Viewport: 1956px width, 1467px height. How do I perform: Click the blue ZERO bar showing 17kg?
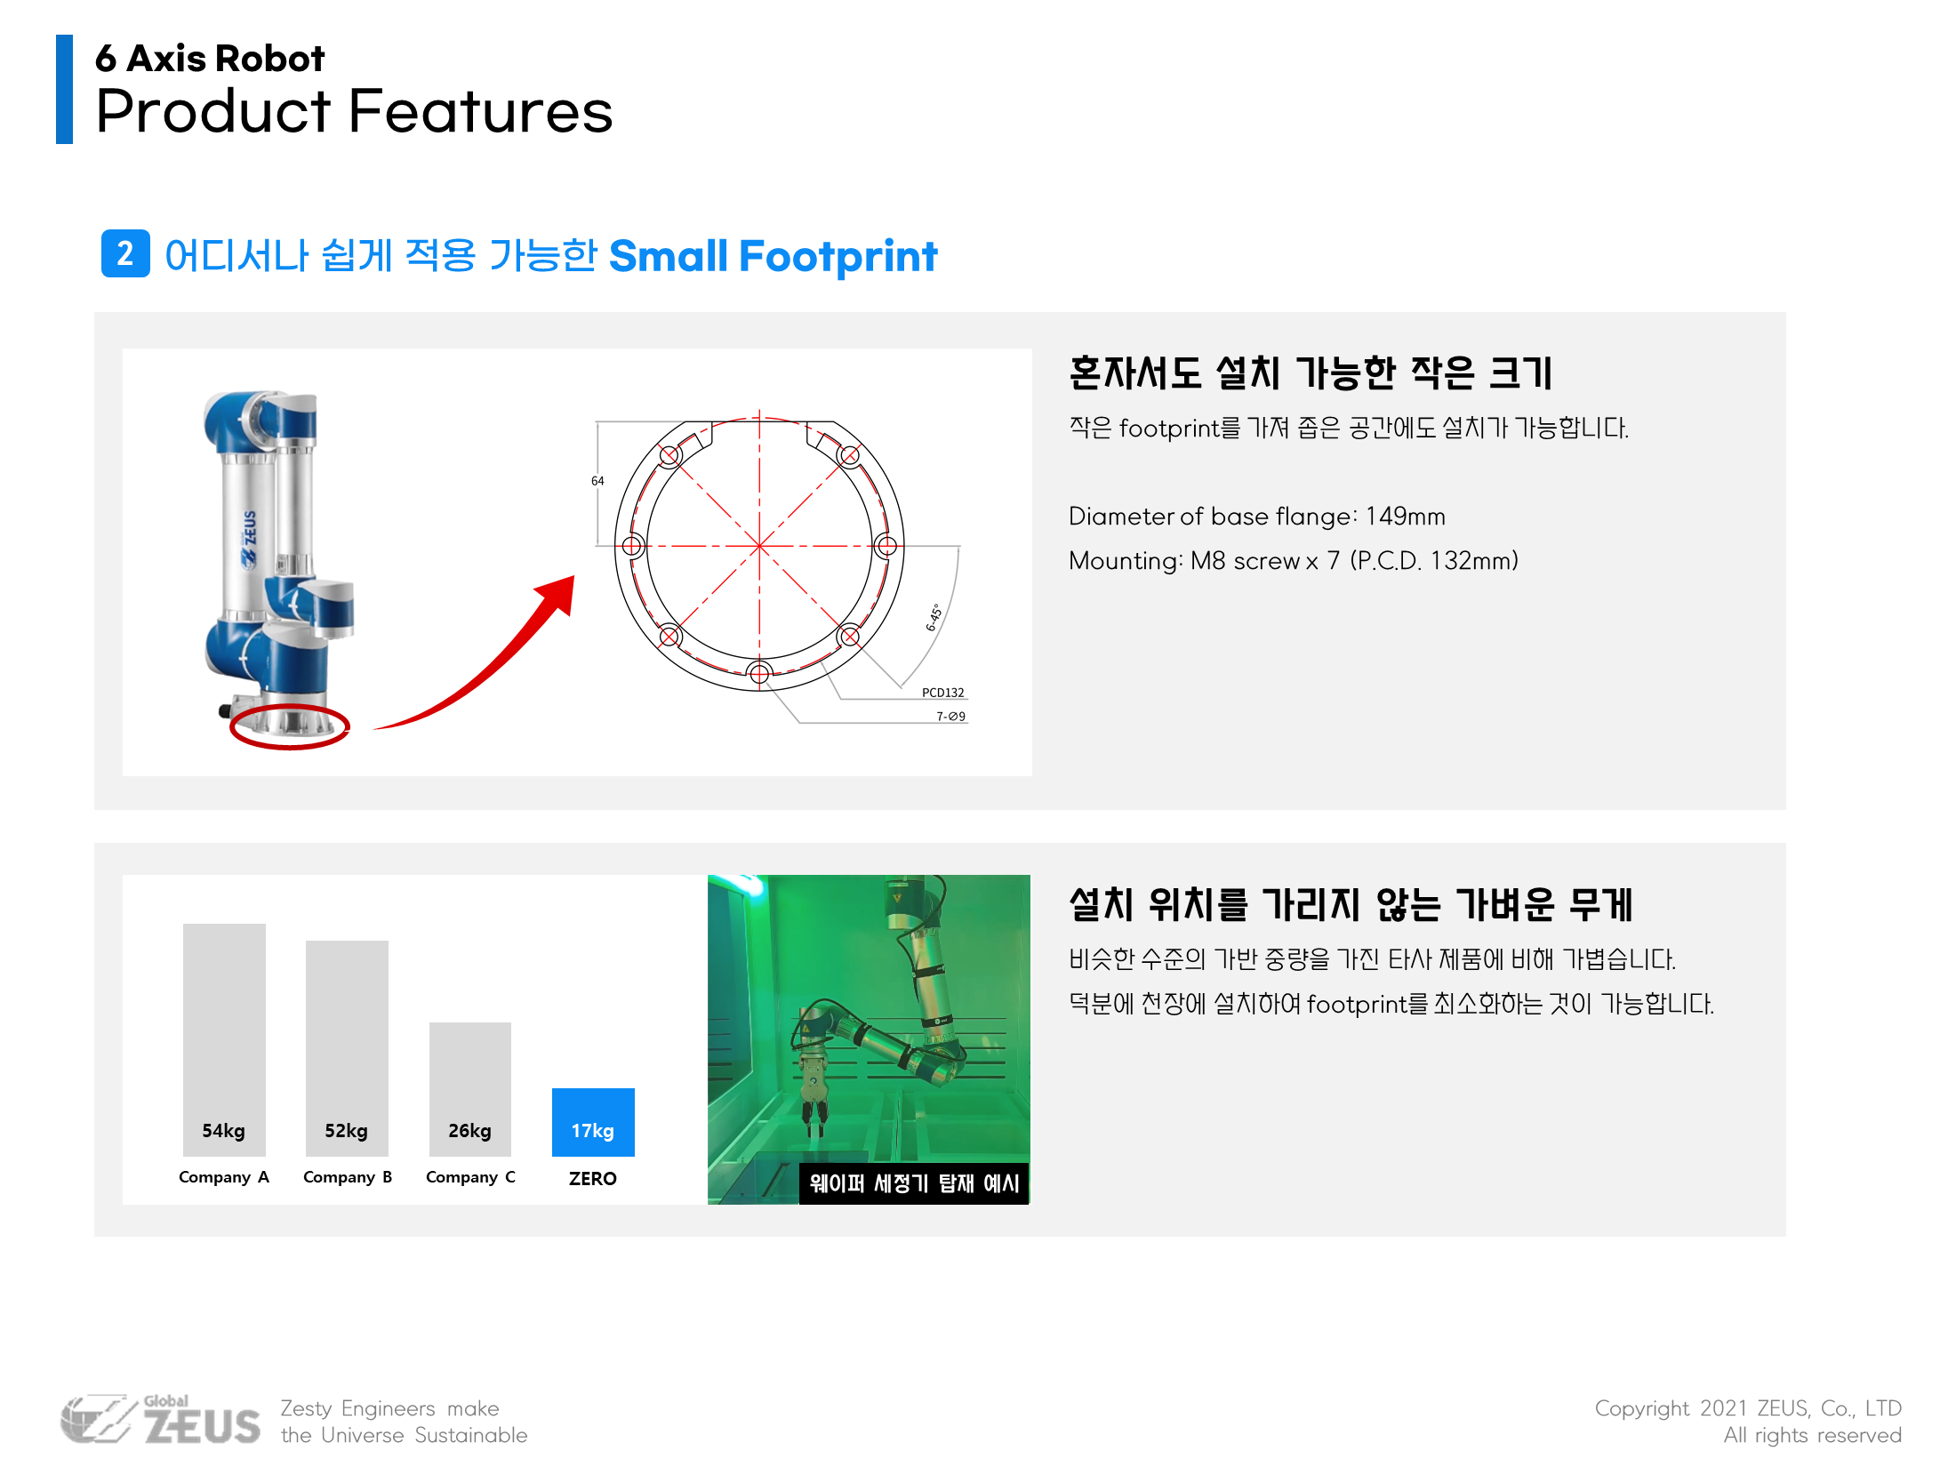(593, 1122)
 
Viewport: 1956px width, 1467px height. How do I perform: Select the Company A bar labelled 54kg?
(224, 1040)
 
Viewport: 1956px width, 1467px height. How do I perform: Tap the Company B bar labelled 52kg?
(347, 1048)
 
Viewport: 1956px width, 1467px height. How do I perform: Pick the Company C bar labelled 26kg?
(470, 1089)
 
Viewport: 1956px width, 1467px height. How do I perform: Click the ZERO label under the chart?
(593, 1178)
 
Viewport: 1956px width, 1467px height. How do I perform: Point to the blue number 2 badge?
(125, 254)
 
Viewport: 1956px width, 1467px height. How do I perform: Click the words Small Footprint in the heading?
(773, 256)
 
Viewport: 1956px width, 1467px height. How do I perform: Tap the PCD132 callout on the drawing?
(942, 693)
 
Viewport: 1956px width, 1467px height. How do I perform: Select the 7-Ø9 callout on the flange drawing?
(950, 716)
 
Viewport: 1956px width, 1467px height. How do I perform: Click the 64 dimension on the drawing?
(597, 481)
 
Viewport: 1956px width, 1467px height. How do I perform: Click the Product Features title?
(354, 112)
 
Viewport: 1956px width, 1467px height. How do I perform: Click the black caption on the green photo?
(914, 1183)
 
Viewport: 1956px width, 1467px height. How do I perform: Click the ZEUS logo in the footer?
(161, 1420)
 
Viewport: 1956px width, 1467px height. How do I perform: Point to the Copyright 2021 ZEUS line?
(1748, 1408)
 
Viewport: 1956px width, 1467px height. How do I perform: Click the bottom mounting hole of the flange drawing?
(759, 673)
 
